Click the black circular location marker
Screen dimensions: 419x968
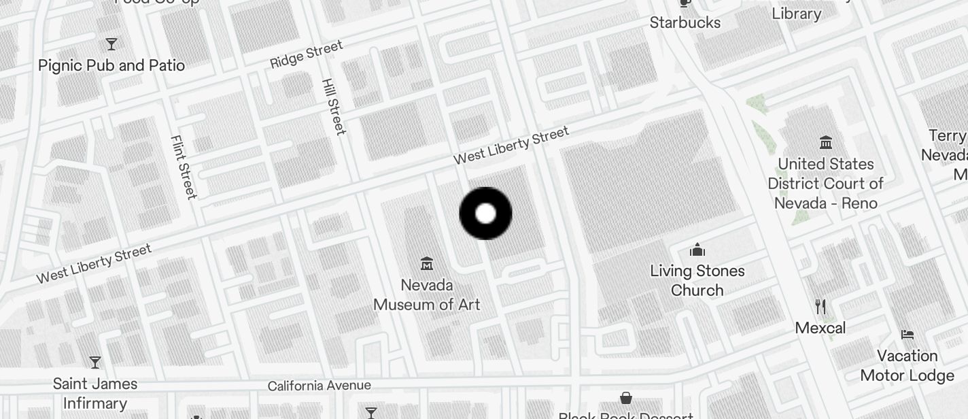(x=485, y=214)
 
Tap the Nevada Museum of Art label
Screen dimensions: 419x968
(x=427, y=295)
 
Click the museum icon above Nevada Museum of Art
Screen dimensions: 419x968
(x=427, y=263)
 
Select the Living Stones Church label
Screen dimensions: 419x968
(x=697, y=280)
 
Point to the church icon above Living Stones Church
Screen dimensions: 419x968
(x=697, y=250)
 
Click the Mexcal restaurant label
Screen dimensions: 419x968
(x=820, y=328)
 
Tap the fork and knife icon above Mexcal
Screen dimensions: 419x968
(x=820, y=307)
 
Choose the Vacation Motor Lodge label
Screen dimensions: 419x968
(x=907, y=365)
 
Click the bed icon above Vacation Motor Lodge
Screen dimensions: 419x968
(x=907, y=335)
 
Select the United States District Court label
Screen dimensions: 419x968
(x=825, y=184)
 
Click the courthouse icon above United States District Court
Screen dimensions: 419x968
(x=826, y=143)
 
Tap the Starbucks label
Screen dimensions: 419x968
(x=685, y=22)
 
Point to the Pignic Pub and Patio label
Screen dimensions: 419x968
(x=111, y=65)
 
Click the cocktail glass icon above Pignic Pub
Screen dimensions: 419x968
(x=111, y=45)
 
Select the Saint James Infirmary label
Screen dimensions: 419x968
(x=95, y=393)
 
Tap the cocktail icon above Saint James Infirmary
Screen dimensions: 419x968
(x=95, y=363)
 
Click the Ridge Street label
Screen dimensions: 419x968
(x=307, y=54)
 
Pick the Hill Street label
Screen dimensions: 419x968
(x=333, y=106)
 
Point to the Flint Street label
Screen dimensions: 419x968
(x=183, y=167)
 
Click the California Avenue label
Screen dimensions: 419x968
(x=319, y=386)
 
